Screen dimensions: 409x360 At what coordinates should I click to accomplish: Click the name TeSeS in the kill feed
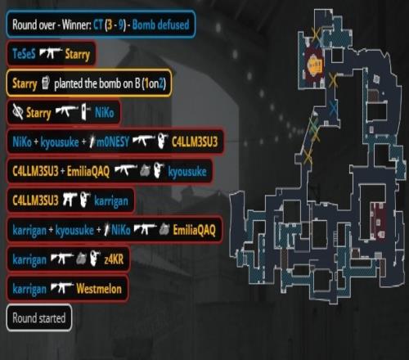coord(24,54)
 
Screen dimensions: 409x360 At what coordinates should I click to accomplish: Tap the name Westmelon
coord(99,289)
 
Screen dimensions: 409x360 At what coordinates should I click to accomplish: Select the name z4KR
coord(114,259)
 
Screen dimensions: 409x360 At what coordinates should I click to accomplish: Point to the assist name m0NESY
coord(113,142)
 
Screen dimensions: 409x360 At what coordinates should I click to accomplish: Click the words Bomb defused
coord(160,25)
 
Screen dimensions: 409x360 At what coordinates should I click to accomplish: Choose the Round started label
coord(39,318)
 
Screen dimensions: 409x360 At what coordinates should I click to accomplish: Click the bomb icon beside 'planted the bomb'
coord(46,83)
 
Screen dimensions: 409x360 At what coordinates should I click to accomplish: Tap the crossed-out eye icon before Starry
coord(18,112)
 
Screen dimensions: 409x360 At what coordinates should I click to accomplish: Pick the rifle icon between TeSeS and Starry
coord(51,53)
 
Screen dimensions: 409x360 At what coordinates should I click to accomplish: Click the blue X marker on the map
coord(333,108)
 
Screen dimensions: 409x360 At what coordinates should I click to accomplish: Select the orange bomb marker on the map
coord(315,65)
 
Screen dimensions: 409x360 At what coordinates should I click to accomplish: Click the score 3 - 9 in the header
coord(116,25)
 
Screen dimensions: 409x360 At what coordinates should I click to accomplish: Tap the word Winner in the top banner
coord(77,25)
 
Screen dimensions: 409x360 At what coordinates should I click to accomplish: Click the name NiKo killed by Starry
coord(105,112)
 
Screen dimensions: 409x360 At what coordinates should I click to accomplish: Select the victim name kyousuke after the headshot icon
coord(187,171)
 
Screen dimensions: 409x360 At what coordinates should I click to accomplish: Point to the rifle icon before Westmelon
coord(62,288)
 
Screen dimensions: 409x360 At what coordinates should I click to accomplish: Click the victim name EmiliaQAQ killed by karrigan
coord(195,230)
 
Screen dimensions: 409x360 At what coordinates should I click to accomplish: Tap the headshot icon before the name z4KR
coord(95,259)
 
